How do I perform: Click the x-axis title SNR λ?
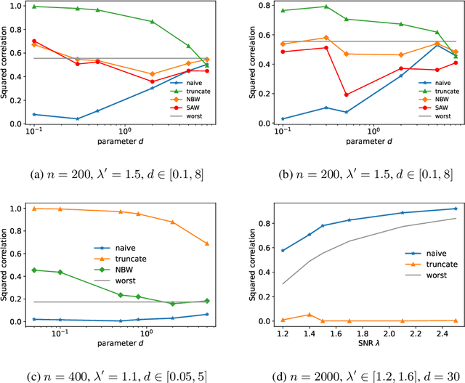coord(360,342)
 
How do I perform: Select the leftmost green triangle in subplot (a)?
coord(33,6)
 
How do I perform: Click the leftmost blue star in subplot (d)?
coord(282,250)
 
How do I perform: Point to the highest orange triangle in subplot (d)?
coord(309,315)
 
